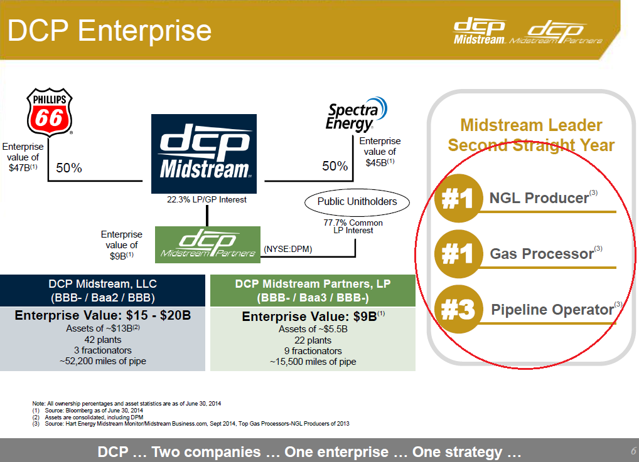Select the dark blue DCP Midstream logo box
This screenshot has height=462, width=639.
[204, 154]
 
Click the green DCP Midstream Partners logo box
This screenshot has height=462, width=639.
[207, 244]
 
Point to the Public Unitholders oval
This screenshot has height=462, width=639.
[357, 202]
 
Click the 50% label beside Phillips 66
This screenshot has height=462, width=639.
[69, 168]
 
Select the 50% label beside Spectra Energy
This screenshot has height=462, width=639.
[335, 166]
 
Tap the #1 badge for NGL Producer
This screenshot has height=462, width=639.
[458, 199]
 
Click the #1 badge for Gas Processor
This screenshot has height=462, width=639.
[458, 254]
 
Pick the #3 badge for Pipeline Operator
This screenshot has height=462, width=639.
[458, 310]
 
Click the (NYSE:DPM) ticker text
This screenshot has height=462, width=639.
[288, 249]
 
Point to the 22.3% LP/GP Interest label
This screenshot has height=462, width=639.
[207, 200]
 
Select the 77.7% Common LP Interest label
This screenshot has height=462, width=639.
[353, 226]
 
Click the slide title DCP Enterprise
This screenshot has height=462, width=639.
[110, 31]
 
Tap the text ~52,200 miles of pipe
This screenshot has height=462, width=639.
[102, 360]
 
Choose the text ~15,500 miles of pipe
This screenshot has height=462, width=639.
[313, 362]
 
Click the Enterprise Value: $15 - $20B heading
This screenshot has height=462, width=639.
[102, 315]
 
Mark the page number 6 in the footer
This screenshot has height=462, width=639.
[633, 451]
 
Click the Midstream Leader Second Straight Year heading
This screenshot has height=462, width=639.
[531, 135]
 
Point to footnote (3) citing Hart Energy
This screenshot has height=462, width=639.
[191, 424]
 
